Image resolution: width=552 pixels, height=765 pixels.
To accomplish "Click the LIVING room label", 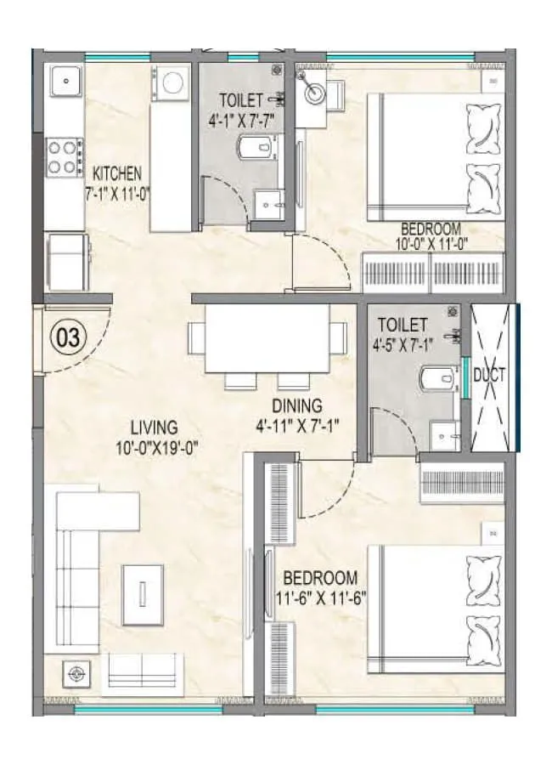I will pyautogui.click(x=154, y=427).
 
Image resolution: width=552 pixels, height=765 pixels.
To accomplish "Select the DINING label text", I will pyautogui.click(x=297, y=405).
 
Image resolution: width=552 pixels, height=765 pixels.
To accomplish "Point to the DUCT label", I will pyautogui.click(x=490, y=375).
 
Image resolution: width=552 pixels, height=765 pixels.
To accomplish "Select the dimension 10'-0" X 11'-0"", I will pyautogui.click(x=431, y=244).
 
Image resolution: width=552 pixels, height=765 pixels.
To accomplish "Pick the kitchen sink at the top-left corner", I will pyautogui.click(x=65, y=82).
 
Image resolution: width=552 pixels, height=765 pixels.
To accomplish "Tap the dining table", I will pyautogui.click(x=268, y=337).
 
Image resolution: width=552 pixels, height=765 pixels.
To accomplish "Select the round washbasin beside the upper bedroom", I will pyautogui.click(x=313, y=91).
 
